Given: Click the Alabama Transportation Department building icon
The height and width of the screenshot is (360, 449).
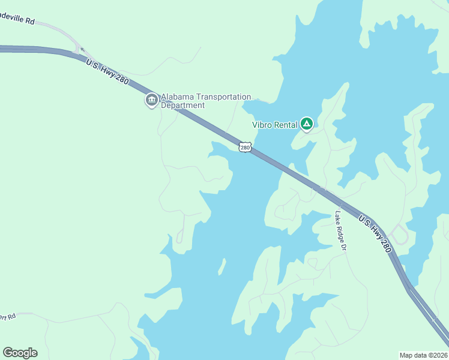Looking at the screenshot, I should [151, 100].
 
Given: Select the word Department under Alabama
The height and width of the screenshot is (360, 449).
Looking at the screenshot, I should [183, 106].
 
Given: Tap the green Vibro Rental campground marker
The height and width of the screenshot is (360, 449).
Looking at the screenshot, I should [307, 124].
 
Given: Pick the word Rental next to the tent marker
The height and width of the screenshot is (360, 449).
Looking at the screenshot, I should [286, 125].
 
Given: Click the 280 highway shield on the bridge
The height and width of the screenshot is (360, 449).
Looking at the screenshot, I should [244, 147].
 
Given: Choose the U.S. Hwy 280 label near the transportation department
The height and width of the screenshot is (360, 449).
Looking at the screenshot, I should [107, 71].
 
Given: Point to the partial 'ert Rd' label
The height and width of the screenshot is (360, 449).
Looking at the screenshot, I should [8, 316].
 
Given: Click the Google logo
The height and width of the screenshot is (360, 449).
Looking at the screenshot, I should [20, 353].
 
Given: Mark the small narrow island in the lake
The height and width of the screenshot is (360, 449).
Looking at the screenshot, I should [221, 265].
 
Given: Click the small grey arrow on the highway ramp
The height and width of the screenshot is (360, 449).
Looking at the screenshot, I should [82, 50].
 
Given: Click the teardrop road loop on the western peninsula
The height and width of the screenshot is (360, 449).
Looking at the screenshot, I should [179, 238].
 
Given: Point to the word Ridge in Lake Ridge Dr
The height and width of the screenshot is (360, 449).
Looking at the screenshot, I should [341, 231].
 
